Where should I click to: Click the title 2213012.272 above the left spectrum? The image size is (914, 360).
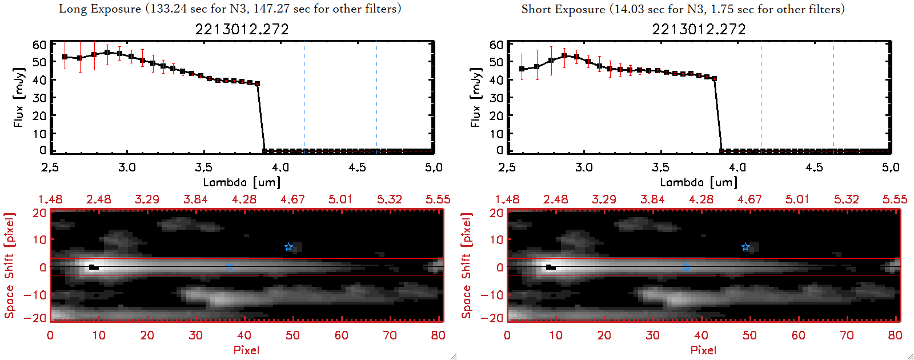point(242,29)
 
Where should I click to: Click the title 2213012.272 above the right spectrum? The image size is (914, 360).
point(699,29)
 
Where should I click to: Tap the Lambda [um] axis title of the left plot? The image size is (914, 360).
point(242,182)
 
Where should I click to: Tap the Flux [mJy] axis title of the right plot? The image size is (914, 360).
point(475,97)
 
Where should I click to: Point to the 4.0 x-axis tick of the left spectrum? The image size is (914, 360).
point(280,167)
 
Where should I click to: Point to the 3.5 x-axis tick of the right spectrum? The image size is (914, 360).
point(660,167)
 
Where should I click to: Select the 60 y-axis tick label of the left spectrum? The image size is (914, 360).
point(39,45)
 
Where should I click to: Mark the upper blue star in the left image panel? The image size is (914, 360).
point(289,247)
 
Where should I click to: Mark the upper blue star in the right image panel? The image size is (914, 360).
point(745,247)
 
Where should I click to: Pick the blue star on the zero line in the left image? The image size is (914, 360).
point(229,267)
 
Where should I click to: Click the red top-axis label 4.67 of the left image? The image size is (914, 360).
point(292,199)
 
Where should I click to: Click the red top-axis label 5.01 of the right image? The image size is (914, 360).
point(797,199)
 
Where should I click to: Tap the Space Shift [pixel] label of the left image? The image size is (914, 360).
point(9,266)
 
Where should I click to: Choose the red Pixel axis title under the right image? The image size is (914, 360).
point(703,350)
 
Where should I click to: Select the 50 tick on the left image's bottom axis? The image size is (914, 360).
point(292,335)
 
